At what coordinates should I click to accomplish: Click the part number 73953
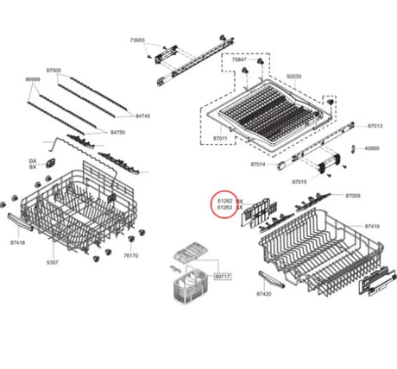137,41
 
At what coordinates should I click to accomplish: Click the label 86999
33,79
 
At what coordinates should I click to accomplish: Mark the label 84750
118,132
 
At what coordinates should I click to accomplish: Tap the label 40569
371,148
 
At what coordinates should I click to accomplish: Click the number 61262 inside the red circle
224,200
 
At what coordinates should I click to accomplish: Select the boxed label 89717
222,276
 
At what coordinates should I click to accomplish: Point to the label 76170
130,255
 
